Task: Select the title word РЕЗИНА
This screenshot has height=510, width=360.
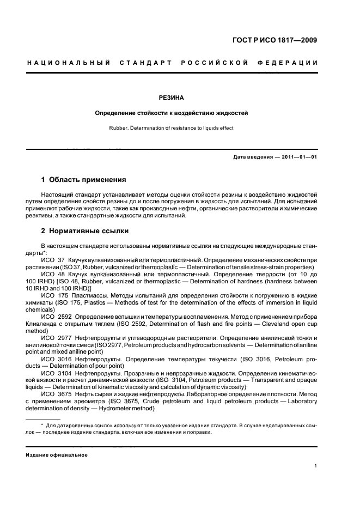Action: (171, 98)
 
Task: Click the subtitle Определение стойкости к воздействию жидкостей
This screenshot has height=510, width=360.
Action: (171, 113)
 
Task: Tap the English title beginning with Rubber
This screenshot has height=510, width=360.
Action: (171, 128)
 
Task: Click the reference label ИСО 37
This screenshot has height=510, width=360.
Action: (53, 260)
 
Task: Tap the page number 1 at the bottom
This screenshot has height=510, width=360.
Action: (316, 466)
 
